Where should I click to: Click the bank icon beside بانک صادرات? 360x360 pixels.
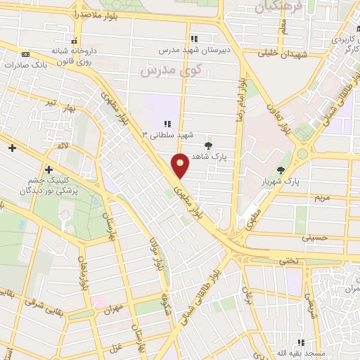coord(26,54)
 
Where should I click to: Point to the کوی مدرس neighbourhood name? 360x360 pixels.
coord(171,71)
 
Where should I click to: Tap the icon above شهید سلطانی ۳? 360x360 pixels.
coord(167,124)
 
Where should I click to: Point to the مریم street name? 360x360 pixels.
coord(320,198)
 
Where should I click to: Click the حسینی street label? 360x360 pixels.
coord(314,238)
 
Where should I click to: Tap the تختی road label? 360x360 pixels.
coord(291,260)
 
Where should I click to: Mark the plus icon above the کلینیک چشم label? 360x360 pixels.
coord(49,169)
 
